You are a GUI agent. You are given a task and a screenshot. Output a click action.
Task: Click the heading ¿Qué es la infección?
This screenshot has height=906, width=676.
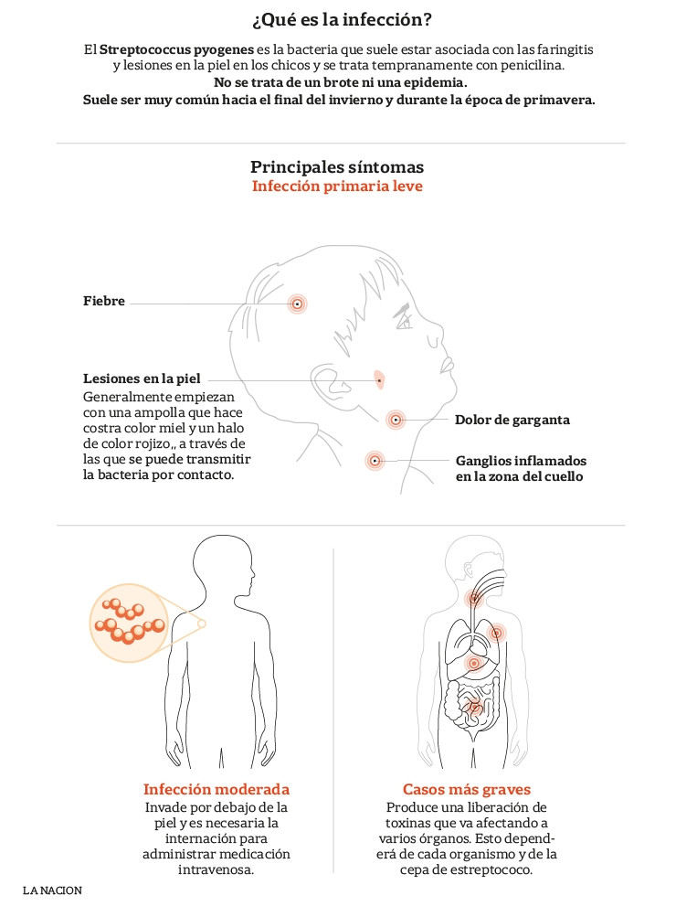tap(342, 20)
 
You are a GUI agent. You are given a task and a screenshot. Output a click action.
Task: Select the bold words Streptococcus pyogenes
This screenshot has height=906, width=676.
tap(176, 49)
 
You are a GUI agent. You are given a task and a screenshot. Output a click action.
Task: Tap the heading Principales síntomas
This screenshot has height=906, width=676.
tap(337, 167)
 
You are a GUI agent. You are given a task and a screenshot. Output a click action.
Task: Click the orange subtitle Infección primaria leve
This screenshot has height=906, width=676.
tap(337, 187)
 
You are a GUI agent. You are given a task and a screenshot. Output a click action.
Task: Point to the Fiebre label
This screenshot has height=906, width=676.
tap(104, 301)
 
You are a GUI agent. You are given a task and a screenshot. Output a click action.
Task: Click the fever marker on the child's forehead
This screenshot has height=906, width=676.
tap(297, 304)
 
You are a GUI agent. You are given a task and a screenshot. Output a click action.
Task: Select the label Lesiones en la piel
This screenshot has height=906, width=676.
tap(142, 379)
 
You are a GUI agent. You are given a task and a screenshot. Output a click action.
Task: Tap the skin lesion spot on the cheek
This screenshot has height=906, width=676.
tap(379, 379)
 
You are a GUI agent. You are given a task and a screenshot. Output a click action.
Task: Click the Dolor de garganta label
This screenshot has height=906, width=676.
tap(512, 420)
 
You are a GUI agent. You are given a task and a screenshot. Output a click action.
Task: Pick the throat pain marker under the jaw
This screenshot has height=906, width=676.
tap(396, 420)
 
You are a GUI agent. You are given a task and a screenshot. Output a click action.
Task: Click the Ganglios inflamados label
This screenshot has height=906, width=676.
tap(521, 461)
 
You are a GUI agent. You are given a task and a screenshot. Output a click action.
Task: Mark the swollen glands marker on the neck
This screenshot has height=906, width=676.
tap(375, 461)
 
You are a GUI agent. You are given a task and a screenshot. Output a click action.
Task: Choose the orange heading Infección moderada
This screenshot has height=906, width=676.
tap(217, 789)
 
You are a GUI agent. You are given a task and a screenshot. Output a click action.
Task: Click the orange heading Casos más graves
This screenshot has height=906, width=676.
tap(467, 789)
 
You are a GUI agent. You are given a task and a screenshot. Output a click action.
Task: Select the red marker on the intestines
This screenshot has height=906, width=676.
tap(474, 707)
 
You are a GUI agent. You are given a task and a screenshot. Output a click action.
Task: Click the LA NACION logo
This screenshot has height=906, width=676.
tap(53, 890)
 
